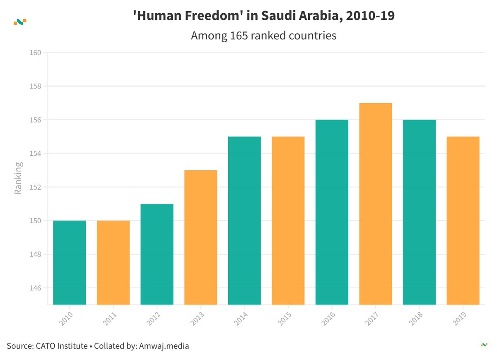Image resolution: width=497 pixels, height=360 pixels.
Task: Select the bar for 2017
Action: click(x=375, y=203)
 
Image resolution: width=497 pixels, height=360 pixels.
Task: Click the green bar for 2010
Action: click(x=70, y=262)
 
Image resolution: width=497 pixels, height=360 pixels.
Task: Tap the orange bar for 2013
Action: click(x=200, y=237)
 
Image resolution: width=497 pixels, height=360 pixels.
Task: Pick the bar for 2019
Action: click(x=463, y=220)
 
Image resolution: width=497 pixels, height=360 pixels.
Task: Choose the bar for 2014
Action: click(x=244, y=220)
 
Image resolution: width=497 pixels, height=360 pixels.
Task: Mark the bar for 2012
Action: click(x=157, y=254)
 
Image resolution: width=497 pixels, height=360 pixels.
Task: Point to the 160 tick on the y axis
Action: click(x=36, y=53)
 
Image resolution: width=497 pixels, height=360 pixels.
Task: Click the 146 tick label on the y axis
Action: click(x=36, y=288)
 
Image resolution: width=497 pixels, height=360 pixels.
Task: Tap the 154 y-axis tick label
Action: click(x=36, y=153)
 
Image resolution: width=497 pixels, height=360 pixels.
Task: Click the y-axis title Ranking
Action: click(x=18, y=179)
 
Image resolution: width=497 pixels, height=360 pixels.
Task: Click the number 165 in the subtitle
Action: click(x=238, y=36)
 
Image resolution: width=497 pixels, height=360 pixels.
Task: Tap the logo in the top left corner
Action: click(x=20, y=22)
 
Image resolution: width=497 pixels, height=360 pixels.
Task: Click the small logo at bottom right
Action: click(x=483, y=345)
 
